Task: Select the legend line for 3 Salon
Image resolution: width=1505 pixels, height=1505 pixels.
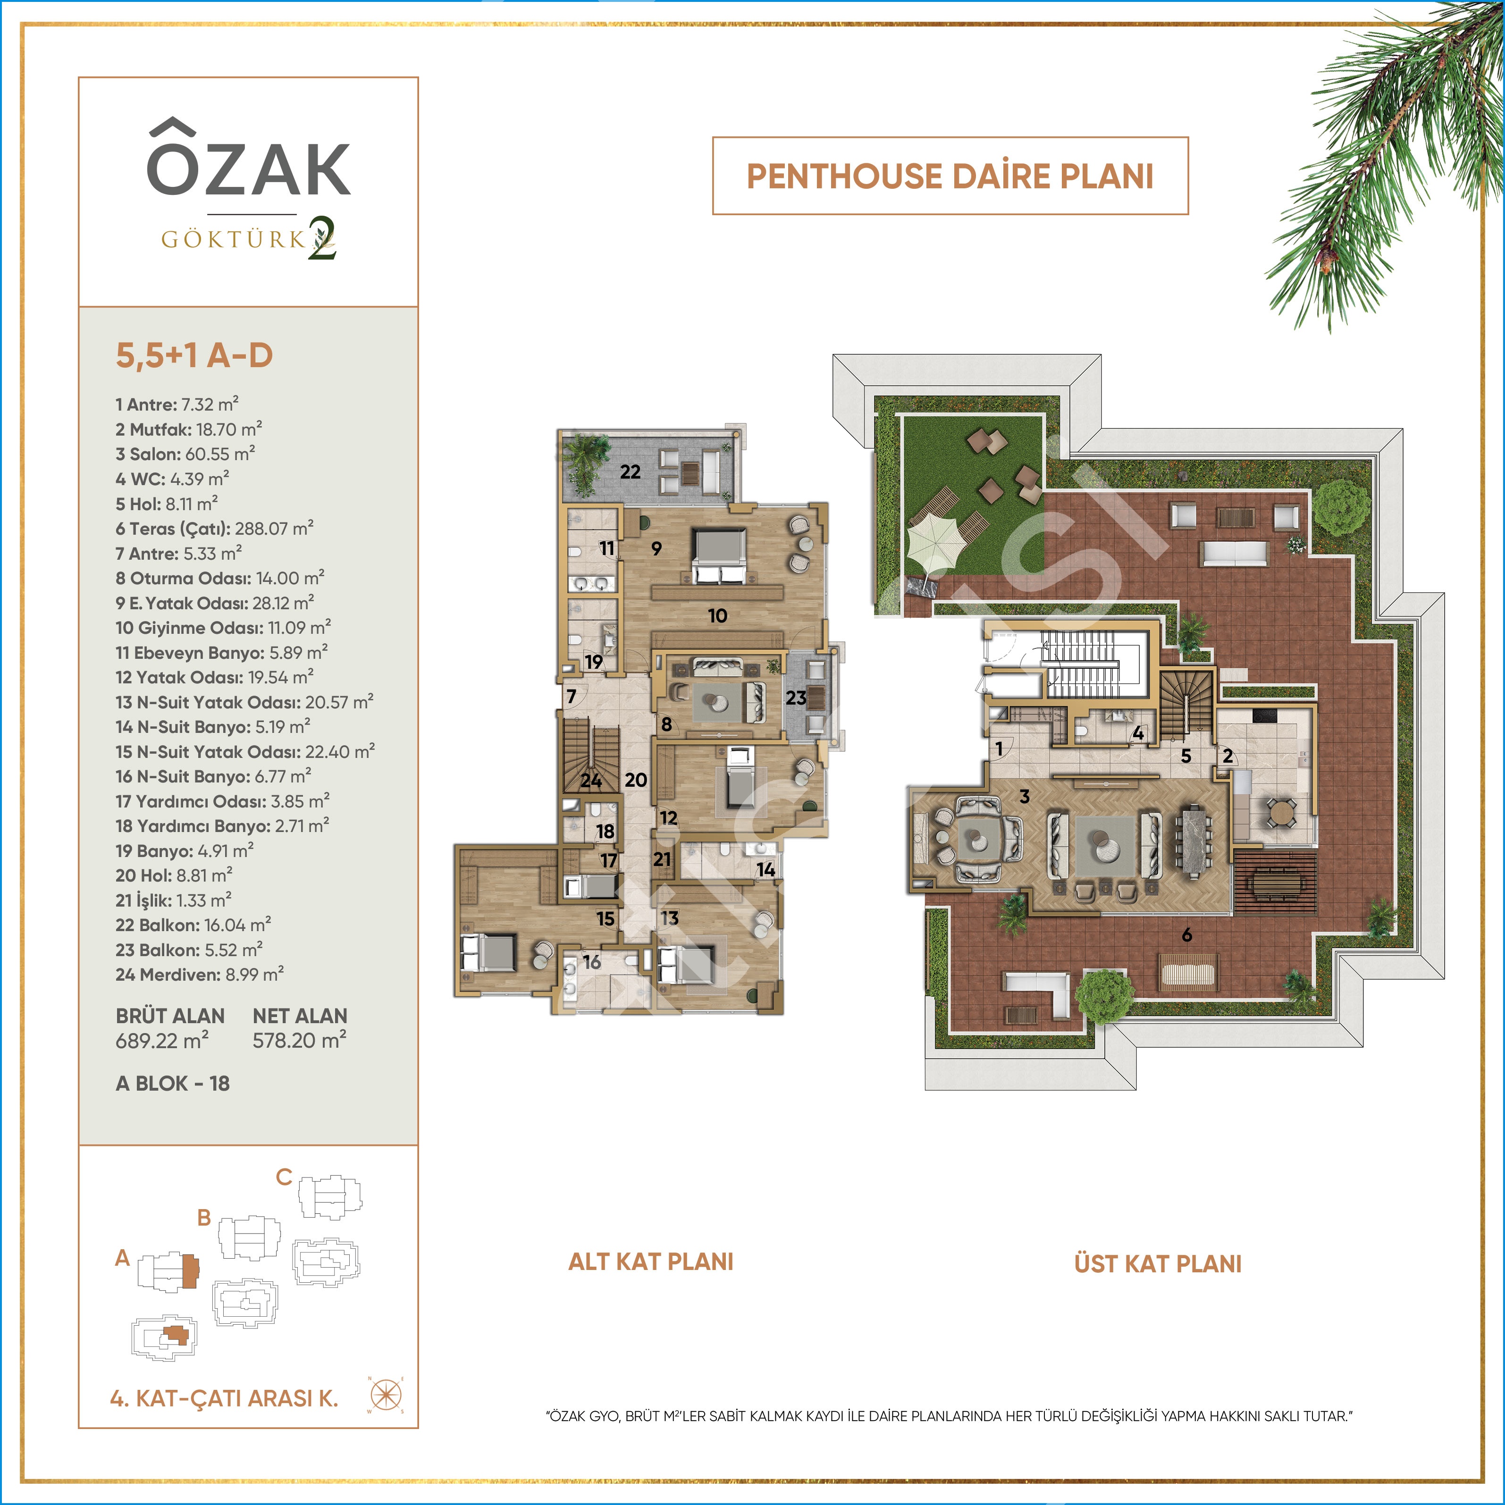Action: [x=185, y=454]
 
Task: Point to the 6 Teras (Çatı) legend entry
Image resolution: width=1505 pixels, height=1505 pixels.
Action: [x=214, y=528]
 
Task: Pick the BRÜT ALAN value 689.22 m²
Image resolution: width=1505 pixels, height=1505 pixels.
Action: [x=162, y=1040]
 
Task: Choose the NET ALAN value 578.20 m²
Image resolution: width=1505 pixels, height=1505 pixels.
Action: [x=299, y=1040]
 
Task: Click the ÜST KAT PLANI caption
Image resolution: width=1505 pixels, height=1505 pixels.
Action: [x=1158, y=1263]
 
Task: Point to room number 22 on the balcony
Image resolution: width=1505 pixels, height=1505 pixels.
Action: [x=630, y=471]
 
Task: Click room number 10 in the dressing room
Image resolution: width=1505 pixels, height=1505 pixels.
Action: [x=717, y=615]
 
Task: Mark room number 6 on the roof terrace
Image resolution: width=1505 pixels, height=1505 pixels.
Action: [x=1186, y=935]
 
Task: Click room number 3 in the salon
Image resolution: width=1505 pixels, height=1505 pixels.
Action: [x=1025, y=796]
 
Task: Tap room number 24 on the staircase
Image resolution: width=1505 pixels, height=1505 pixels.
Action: [x=590, y=780]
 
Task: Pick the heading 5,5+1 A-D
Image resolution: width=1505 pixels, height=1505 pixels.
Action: [x=194, y=355]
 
